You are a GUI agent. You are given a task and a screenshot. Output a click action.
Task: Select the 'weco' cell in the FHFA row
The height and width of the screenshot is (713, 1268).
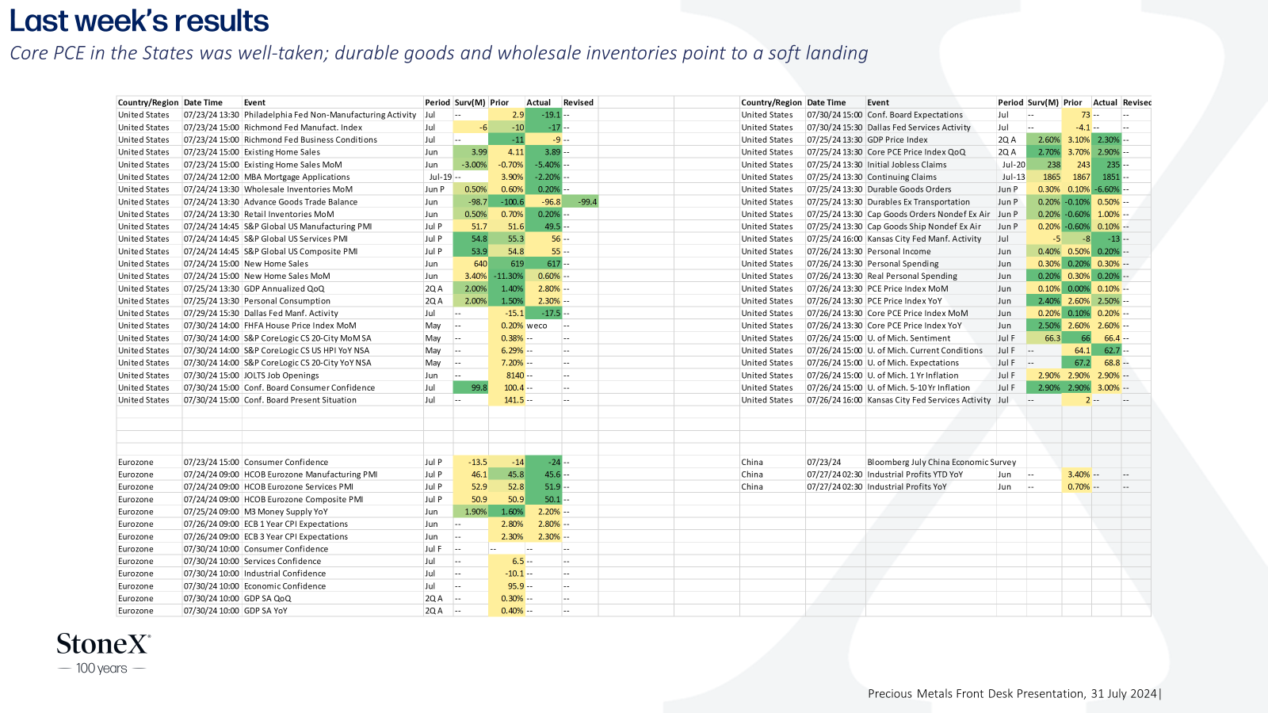537,326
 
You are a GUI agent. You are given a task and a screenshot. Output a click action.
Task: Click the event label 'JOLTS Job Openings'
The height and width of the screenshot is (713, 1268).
281,376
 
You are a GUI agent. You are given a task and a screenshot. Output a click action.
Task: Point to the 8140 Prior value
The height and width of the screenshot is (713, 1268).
514,376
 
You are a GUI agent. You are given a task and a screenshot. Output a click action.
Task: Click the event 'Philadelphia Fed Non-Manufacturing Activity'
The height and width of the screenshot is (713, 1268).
330,115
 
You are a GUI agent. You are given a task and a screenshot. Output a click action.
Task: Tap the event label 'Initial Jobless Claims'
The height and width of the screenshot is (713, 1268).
907,165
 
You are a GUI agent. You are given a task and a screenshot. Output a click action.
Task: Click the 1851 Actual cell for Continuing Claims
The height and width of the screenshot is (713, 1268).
1110,177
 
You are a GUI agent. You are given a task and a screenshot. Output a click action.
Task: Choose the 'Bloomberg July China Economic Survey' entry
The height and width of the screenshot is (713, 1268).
941,463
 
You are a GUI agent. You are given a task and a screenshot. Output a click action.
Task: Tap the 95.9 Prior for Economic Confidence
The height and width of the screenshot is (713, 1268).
515,586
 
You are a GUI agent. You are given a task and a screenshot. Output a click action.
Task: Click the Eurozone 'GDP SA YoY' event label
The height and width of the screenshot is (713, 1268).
265,611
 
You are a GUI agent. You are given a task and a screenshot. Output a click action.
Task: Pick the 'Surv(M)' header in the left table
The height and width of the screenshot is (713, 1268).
470,102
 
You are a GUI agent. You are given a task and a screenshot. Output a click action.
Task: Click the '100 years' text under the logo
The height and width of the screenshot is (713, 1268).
101,669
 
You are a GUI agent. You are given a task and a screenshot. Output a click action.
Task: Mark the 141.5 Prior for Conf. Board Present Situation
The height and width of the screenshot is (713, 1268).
513,400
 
